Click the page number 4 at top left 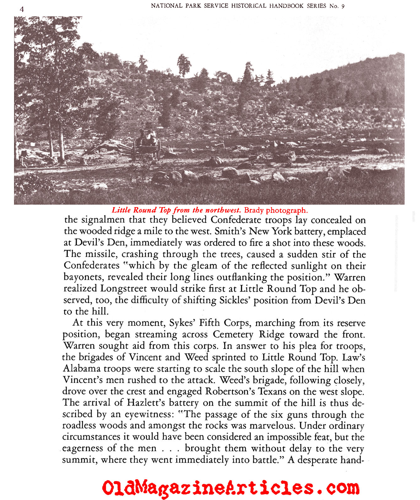click(22, 9)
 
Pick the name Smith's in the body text click(230, 231)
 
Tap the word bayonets click(83, 277)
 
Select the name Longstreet click(124, 288)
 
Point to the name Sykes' click(183, 323)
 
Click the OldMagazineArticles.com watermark click(230, 488)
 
